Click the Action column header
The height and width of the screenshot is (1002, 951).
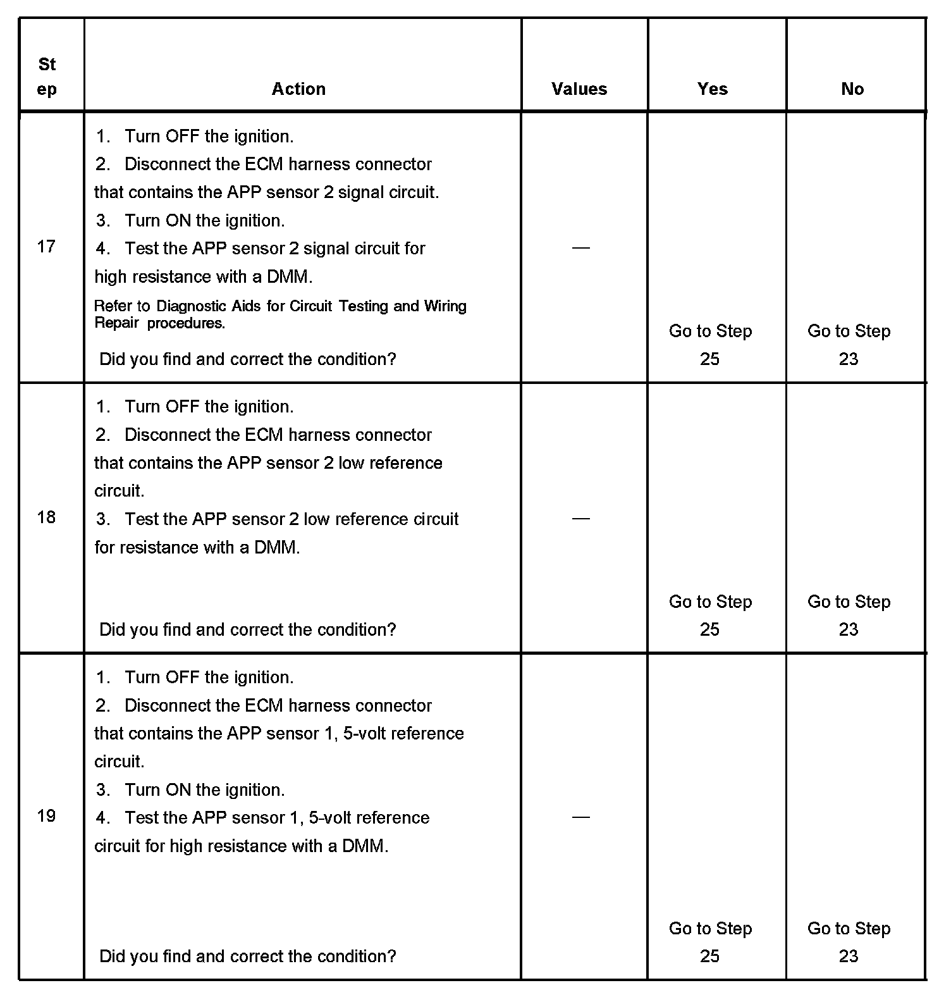coord(298,89)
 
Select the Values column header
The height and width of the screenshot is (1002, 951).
coord(579,89)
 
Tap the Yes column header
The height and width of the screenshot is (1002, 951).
coord(712,89)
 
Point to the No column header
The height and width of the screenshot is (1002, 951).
coord(852,89)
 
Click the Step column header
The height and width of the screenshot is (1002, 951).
coord(47,77)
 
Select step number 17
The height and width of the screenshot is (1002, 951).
coord(46,246)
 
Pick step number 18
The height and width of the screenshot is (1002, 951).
coord(46,517)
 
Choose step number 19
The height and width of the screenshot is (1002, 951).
coord(46,815)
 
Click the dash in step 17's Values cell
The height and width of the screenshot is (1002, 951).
coord(580,248)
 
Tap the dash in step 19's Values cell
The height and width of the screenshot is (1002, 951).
coord(580,817)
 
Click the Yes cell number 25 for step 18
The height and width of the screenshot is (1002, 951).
coord(709,629)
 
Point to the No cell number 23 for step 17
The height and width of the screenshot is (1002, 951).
coord(849,359)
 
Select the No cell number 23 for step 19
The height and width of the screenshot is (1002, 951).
coord(849,956)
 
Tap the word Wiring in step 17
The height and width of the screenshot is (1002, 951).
coord(445,306)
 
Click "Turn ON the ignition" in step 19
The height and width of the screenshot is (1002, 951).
coord(204,789)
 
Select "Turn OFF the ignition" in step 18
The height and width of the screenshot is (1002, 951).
coord(209,406)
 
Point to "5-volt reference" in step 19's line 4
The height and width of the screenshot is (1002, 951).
coord(369,817)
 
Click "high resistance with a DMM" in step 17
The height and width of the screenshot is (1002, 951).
coord(203,276)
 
